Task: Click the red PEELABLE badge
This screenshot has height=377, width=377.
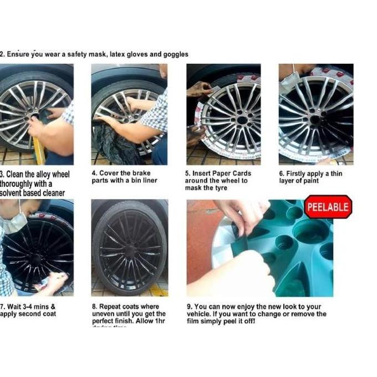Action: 328,207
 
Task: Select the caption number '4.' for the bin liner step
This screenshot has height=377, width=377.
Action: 95,173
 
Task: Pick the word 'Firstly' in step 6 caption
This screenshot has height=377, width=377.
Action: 299,174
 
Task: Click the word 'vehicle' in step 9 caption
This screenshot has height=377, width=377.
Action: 202,314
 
